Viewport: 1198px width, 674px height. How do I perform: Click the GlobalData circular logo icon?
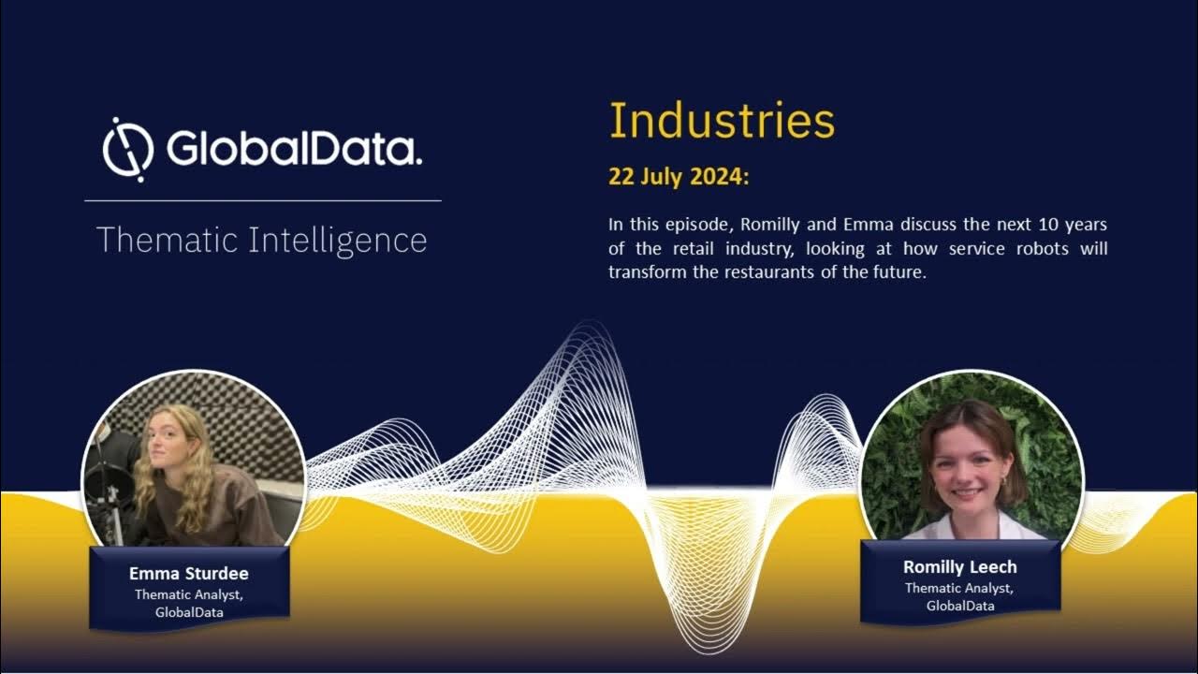tap(128, 150)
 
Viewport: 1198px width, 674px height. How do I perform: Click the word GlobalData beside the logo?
tap(294, 148)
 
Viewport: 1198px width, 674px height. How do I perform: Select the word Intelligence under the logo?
tap(338, 241)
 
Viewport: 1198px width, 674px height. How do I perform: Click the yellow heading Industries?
tap(722, 121)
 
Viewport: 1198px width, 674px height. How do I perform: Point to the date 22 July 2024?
tap(679, 176)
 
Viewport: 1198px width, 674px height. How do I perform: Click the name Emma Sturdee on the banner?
tap(189, 573)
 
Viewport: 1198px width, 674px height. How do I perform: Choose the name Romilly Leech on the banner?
tap(959, 566)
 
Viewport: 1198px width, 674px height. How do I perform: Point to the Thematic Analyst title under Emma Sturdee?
tap(189, 593)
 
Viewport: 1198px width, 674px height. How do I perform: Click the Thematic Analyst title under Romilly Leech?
tap(959, 588)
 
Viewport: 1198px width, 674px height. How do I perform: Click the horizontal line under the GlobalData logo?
tap(262, 200)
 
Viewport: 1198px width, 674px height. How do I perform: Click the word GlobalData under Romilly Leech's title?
tap(960, 606)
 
